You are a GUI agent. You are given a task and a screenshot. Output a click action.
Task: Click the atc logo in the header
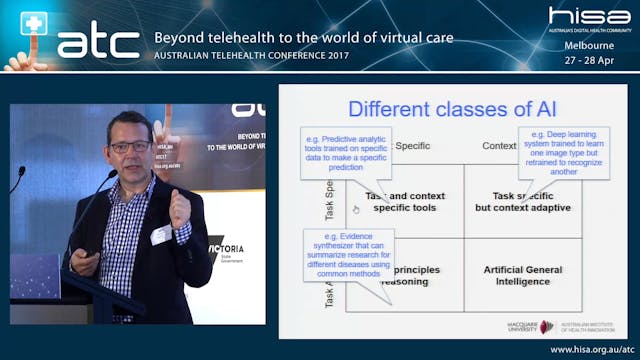(x=98, y=41)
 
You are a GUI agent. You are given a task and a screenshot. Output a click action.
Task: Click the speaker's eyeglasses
(x=129, y=147)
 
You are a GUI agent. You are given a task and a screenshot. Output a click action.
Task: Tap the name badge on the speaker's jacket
(x=161, y=234)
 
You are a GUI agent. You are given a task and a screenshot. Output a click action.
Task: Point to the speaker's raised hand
(x=181, y=204)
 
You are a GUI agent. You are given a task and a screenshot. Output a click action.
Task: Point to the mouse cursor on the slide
(x=355, y=209)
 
